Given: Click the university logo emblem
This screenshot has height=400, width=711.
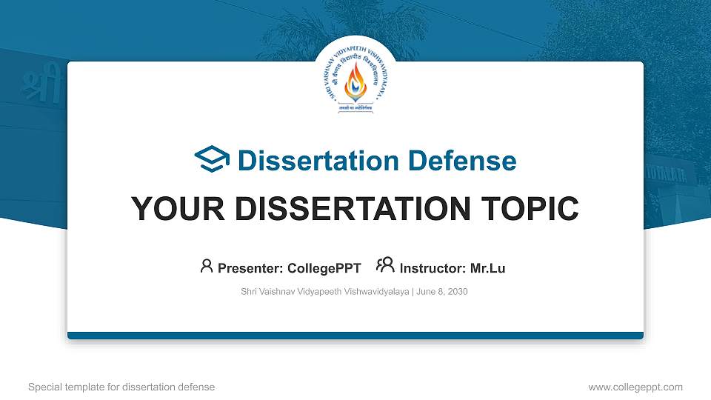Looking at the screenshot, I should (x=355, y=77).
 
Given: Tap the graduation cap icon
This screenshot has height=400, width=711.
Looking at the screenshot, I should (x=212, y=160).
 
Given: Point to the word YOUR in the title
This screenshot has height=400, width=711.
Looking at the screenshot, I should (x=168, y=209).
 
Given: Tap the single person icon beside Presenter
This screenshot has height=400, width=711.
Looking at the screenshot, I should (x=207, y=267).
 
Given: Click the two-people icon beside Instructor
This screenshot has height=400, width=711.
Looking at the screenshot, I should (x=385, y=266).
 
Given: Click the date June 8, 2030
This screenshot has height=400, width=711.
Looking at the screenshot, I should (x=442, y=292).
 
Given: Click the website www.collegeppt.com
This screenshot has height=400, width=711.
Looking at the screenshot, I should (x=635, y=387).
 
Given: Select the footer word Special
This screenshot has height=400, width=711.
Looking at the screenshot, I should (x=45, y=387).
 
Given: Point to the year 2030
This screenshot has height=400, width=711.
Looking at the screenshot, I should (x=456, y=292).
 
